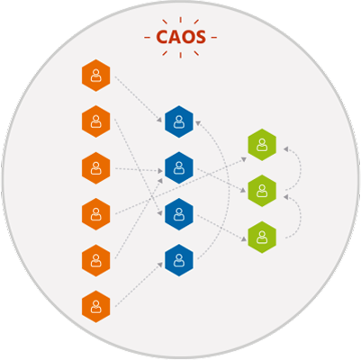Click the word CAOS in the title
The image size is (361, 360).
(x=181, y=37)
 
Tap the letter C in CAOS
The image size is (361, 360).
(x=162, y=37)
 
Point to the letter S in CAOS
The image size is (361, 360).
(x=201, y=37)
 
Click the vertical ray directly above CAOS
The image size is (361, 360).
(x=180, y=20)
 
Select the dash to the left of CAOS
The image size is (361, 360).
(x=147, y=38)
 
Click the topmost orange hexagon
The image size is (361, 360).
(x=96, y=76)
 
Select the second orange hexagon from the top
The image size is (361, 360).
(x=96, y=121)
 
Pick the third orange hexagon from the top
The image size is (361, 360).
(x=96, y=168)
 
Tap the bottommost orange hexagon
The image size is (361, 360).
(x=96, y=307)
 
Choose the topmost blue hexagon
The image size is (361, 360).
(x=179, y=121)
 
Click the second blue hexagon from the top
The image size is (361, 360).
(x=179, y=168)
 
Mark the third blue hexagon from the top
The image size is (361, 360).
(x=179, y=214)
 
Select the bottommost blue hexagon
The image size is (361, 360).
(x=179, y=260)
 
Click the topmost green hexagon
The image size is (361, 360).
(x=262, y=145)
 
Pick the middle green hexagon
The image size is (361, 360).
(x=262, y=191)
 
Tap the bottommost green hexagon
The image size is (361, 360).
(x=262, y=237)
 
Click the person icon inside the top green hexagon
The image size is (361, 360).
(x=262, y=145)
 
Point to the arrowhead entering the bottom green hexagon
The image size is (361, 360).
(x=244, y=239)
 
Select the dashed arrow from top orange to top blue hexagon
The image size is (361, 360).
(x=139, y=99)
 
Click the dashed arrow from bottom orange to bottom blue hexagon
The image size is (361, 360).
(x=139, y=284)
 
